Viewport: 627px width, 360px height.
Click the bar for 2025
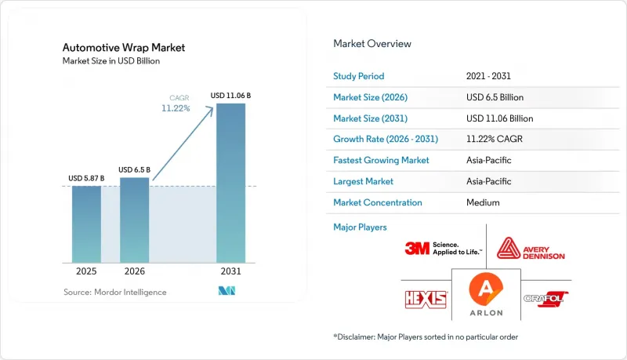point(86,224)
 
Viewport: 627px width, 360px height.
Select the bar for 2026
point(134,220)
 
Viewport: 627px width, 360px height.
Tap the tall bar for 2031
point(230,184)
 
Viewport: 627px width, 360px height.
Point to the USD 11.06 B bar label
point(230,96)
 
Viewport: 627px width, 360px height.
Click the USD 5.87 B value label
point(86,178)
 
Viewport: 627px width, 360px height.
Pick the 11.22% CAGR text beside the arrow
point(176,108)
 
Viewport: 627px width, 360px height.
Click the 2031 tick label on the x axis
point(230,271)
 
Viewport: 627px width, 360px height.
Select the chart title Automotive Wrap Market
point(124,48)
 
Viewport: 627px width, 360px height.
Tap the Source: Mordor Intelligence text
point(114,293)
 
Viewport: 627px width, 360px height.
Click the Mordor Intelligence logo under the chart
point(227,291)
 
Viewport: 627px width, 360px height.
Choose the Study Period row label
point(359,76)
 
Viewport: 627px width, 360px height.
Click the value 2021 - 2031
point(488,76)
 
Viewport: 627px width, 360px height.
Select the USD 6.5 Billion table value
point(495,97)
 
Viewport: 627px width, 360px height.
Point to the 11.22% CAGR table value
point(495,139)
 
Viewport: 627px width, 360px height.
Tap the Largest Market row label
point(363,181)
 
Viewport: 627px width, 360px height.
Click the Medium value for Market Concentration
point(483,202)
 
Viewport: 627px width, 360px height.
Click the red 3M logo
point(417,249)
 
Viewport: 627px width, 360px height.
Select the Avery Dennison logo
point(531,249)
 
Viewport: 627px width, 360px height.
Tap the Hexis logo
point(426,300)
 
